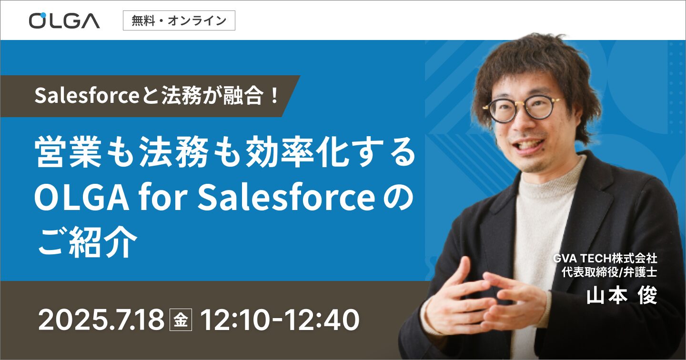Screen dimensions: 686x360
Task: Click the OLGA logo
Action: click(x=64, y=21)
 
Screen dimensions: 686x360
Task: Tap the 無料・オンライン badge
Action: click(x=179, y=20)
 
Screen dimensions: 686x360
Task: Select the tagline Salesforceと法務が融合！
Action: click(x=156, y=96)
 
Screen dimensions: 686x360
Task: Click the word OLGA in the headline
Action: click(x=81, y=198)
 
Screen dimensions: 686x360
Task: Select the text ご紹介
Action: click(x=87, y=242)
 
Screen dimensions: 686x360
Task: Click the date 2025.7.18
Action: click(x=101, y=320)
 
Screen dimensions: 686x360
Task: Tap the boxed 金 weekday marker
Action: click(x=181, y=320)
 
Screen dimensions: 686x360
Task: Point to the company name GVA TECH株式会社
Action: click(x=605, y=259)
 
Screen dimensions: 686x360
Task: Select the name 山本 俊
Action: click(x=622, y=296)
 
